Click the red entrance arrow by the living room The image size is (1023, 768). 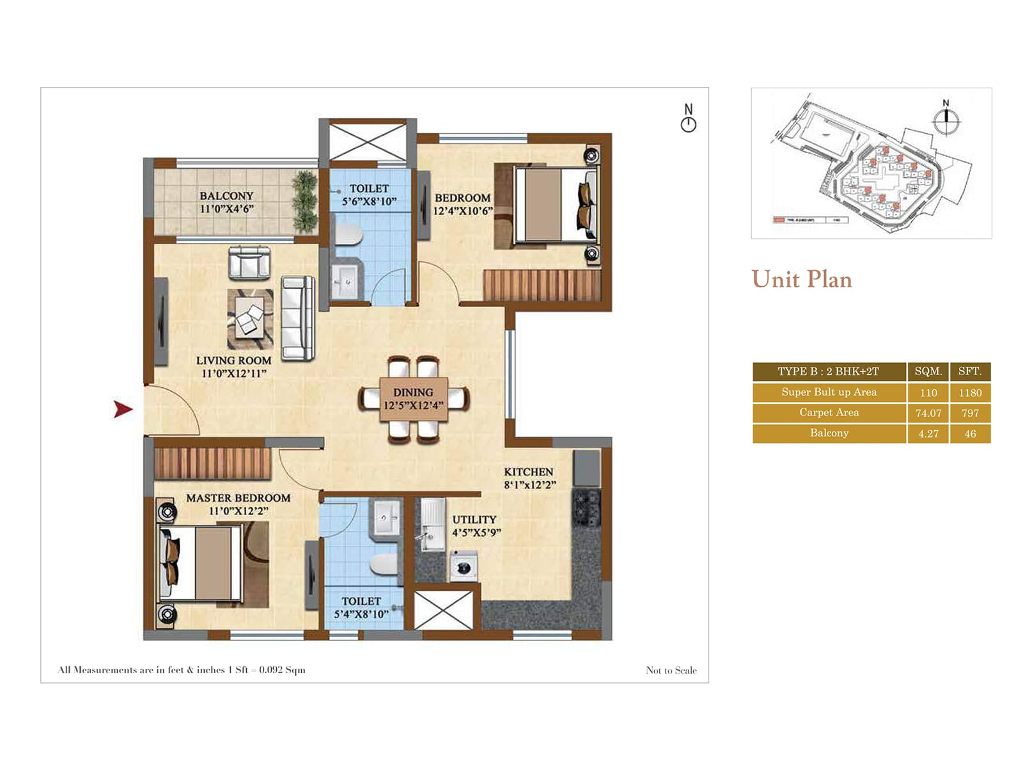(x=123, y=409)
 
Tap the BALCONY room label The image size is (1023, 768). (x=226, y=196)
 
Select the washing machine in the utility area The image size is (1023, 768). (x=464, y=566)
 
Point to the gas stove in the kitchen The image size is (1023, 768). (x=586, y=508)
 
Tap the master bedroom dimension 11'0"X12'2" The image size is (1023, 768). (x=238, y=511)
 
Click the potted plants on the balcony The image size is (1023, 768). (x=305, y=202)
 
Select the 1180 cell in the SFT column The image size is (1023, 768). (x=969, y=392)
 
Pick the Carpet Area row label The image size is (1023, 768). (x=829, y=413)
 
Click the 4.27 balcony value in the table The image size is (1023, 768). (x=928, y=433)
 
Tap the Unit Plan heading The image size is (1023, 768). (x=801, y=280)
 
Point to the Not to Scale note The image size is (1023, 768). (x=671, y=670)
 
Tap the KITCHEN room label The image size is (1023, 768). (x=528, y=472)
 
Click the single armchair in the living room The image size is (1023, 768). (x=249, y=264)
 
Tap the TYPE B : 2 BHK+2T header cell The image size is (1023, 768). (x=828, y=371)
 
